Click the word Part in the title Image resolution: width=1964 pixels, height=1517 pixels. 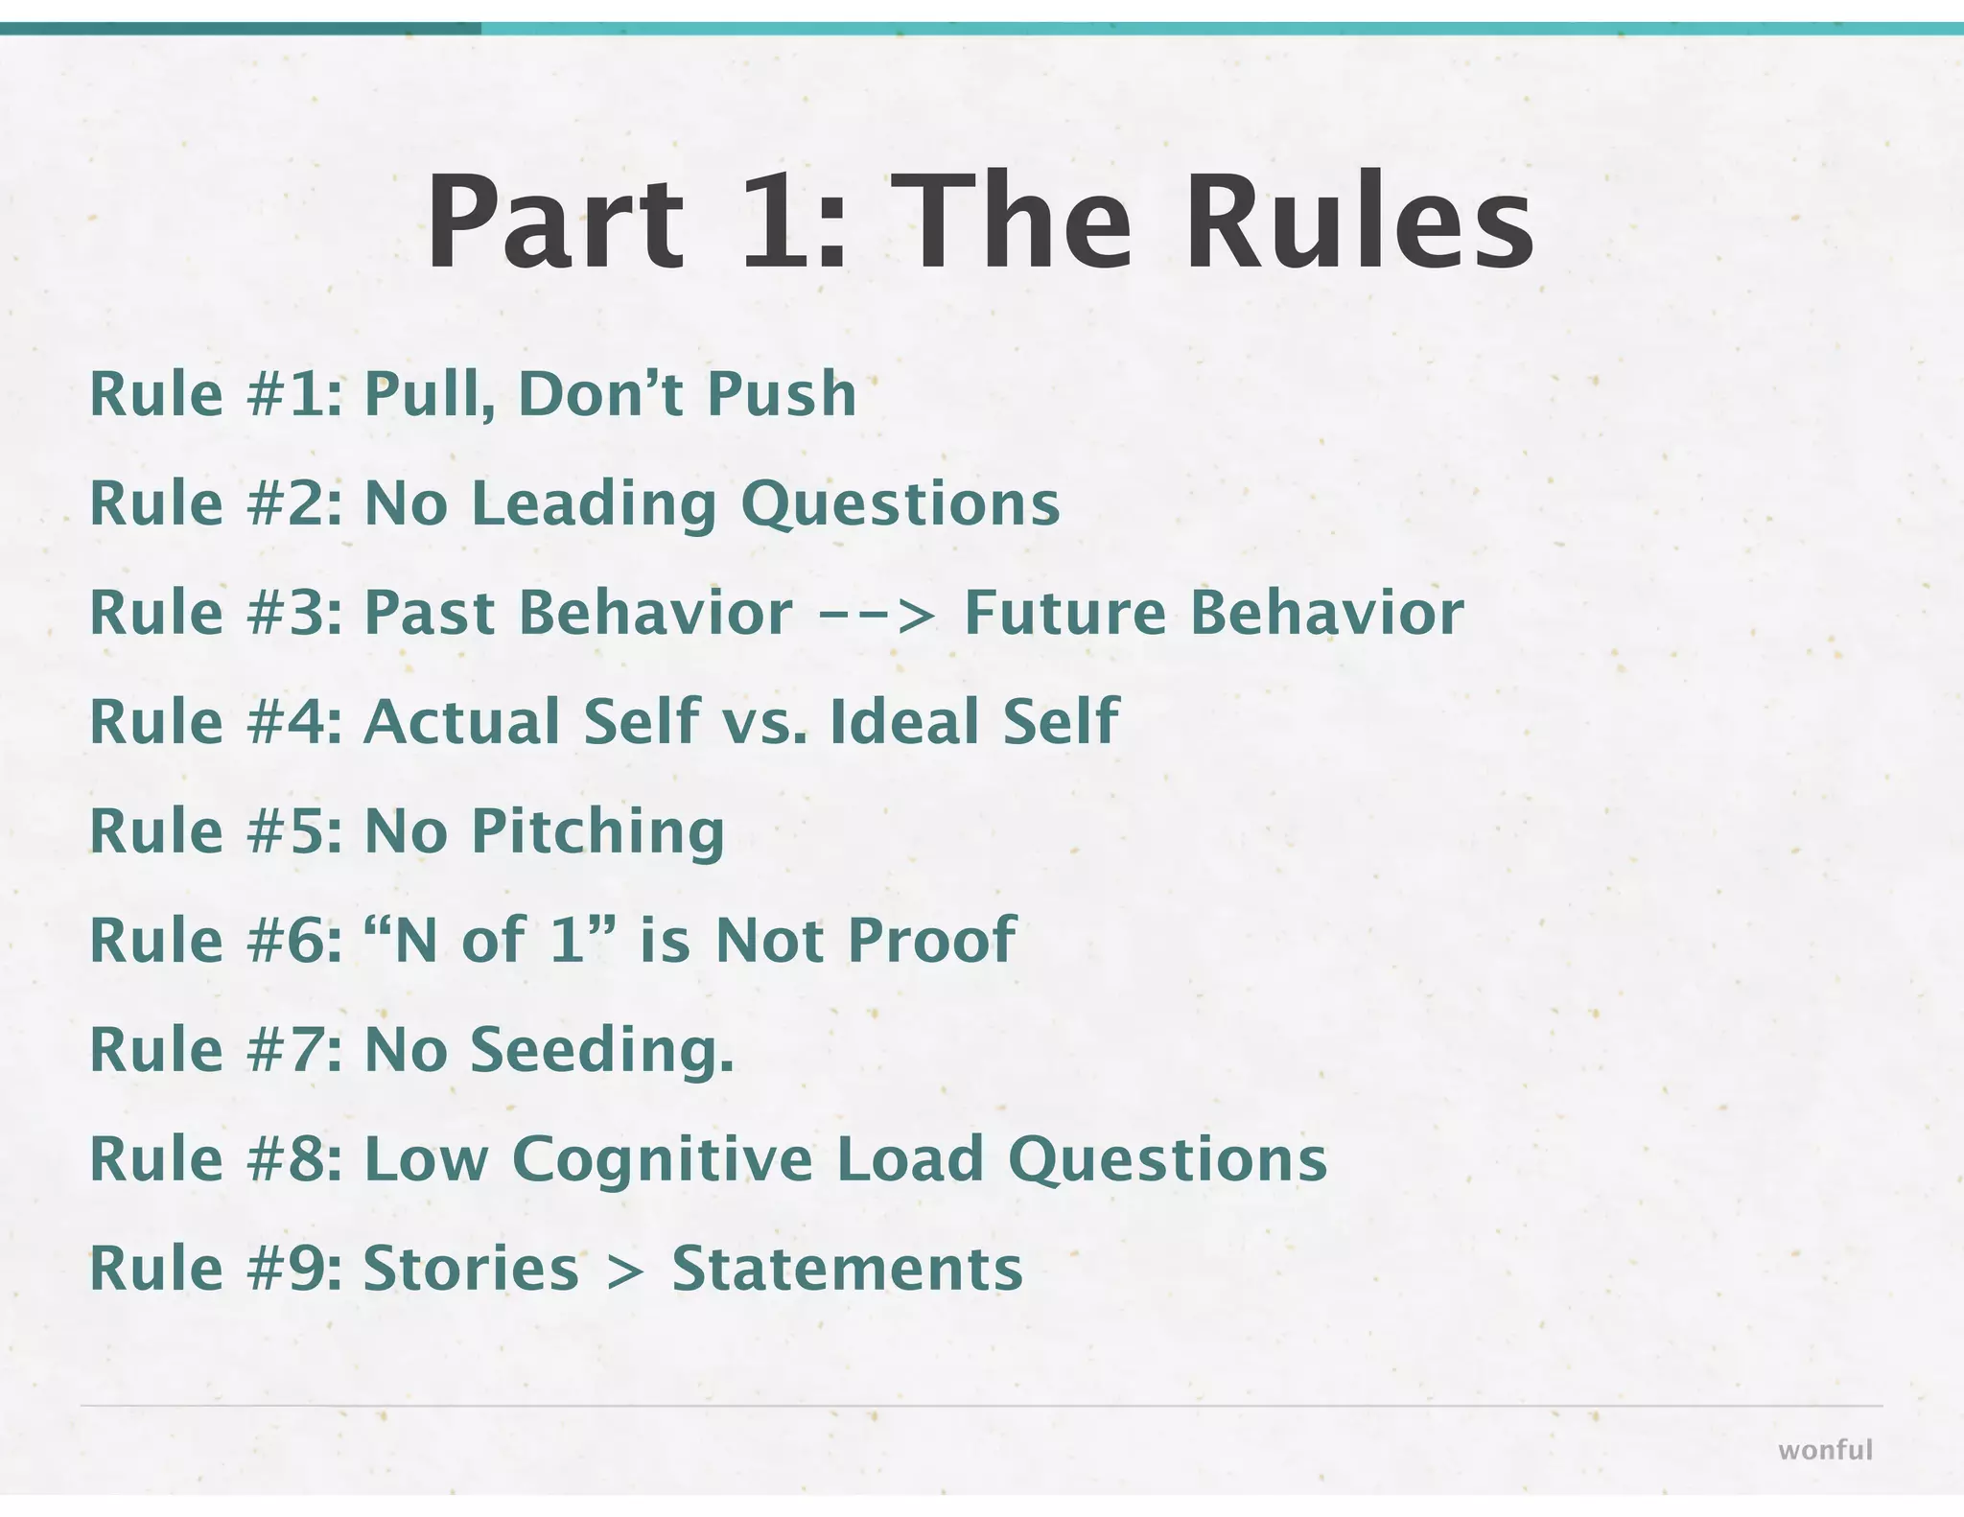(554, 222)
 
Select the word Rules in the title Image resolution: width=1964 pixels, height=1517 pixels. (1360, 222)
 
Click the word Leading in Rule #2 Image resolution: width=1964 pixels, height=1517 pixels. (595, 504)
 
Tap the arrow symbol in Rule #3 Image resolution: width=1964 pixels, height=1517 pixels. (877, 614)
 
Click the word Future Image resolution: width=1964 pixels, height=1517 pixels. (1064, 614)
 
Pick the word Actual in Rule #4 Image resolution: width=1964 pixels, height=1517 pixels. (461, 722)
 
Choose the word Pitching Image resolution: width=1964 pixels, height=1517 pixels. (597, 832)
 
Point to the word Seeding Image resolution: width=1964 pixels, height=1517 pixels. (601, 1050)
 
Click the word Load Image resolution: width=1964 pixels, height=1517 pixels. (910, 1160)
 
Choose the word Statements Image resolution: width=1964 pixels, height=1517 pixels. (847, 1270)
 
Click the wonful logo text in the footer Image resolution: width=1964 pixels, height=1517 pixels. (1825, 1450)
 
